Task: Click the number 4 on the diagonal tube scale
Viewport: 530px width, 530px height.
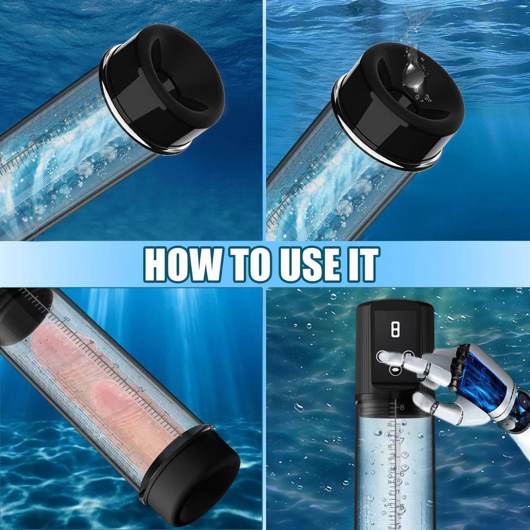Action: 94,344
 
